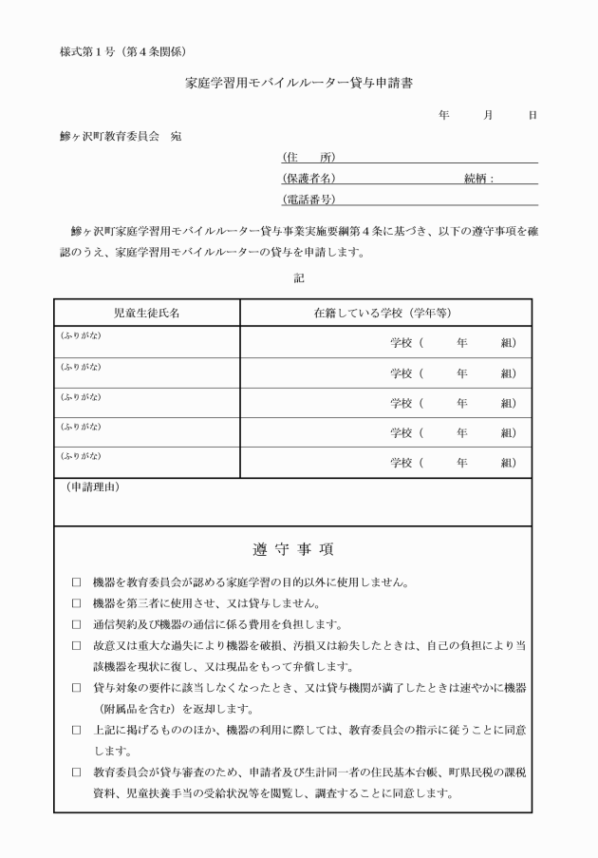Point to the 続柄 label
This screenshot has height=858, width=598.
click(x=479, y=178)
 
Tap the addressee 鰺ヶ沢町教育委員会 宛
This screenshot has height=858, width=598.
click(x=120, y=136)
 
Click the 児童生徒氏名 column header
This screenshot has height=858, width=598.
click(x=146, y=313)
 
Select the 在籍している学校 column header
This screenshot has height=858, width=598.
click(x=385, y=313)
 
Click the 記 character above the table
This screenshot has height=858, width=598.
click(x=299, y=277)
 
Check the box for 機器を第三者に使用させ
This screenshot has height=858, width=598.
click(x=77, y=603)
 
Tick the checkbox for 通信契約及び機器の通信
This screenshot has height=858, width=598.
click(x=77, y=624)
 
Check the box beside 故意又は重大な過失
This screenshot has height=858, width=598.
click(x=77, y=645)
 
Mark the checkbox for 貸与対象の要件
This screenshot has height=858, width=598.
click(x=77, y=687)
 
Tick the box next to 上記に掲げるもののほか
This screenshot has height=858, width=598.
click(x=77, y=730)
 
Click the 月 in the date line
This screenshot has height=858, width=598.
click(x=488, y=115)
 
